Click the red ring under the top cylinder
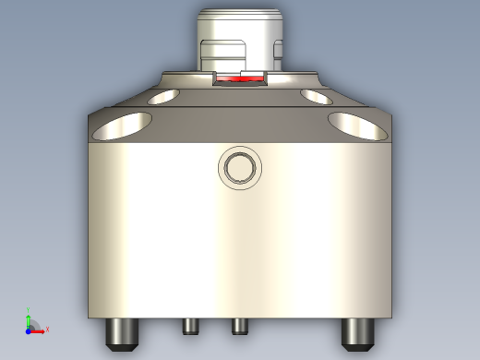(x=239, y=81)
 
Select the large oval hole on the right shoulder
(x=358, y=126)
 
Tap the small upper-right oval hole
(x=316, y=95)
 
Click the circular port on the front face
(x=240, y=167)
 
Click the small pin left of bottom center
(x=191, y=326)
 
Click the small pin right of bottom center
(x=239, y=326)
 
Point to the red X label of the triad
(x=47, y=329)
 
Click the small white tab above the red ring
(x=249, y=72)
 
